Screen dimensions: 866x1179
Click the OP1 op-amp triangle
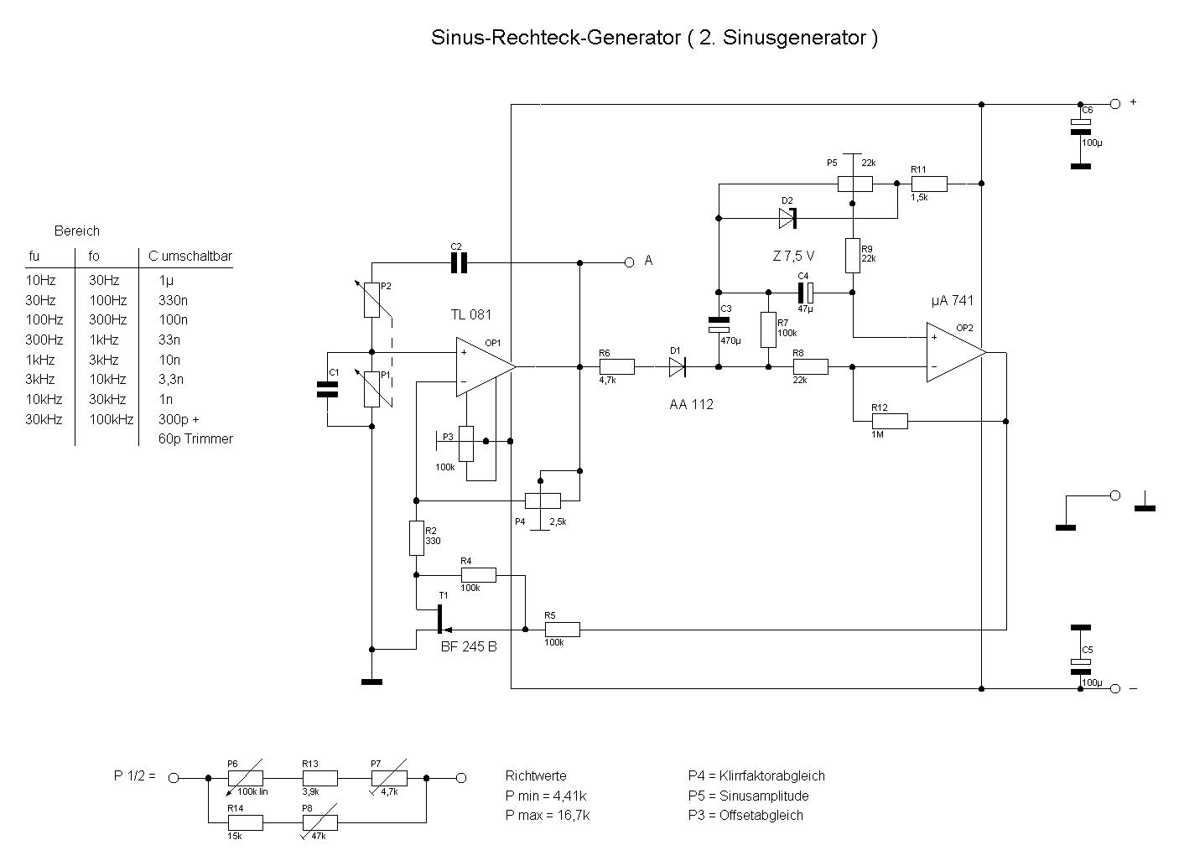click(482, 366)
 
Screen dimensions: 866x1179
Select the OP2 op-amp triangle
click(953, 352)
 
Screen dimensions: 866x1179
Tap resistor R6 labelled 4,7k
click(616, 366)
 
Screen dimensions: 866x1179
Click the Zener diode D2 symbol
click(787, 219)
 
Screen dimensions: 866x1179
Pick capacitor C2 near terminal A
click(458, 262)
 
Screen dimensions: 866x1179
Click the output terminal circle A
click(629, 262)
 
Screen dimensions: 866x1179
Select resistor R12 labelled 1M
click(889, 421)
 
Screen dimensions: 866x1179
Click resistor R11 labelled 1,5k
click(929, 184)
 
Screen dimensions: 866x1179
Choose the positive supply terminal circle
click(1114, 103)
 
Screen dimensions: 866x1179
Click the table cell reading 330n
click(173, 300)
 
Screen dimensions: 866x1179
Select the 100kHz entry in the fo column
click(111, 419)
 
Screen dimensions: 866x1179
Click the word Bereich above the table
click(77, 231)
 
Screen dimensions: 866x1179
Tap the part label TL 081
click(471, 315)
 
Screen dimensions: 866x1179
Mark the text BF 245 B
click(469, 646)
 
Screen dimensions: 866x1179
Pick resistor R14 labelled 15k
click(245, 822)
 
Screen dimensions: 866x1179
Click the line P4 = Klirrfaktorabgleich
click(756, 776)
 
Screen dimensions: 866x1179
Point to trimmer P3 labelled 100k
click(467, 443)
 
